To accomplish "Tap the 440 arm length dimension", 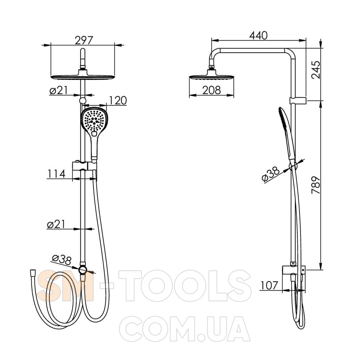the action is tap(258, 35).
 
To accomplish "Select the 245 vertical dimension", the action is tap(316, 70).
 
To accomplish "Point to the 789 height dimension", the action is tap(316, 185).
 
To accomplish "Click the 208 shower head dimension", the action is tap(211, 90).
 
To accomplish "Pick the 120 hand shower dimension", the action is tap(118, 100).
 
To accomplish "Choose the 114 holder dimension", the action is tap(56, 174).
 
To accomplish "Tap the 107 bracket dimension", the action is tap(269, 285).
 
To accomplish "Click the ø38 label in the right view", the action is tap(271, 175).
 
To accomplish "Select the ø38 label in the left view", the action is tap(62, 260).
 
